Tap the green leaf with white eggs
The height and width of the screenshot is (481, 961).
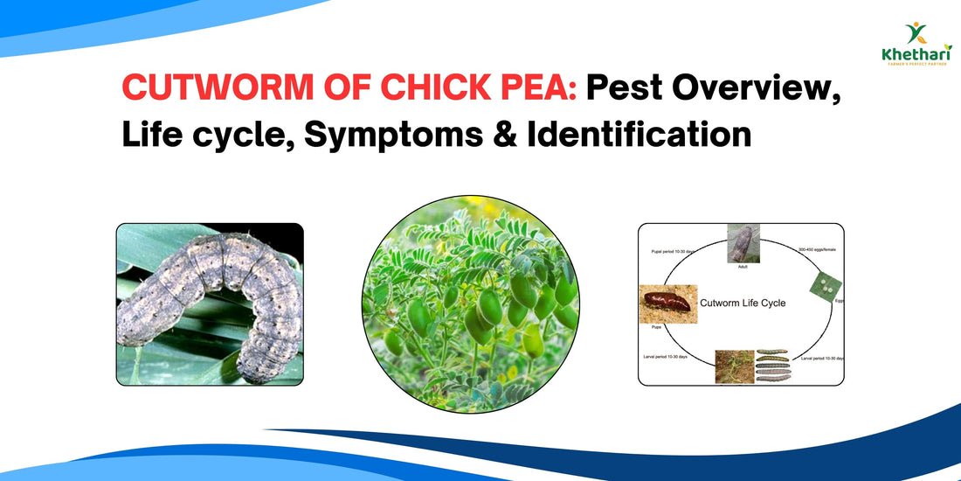click(x=826, y=283)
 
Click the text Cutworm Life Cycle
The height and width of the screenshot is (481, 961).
click(x=743, y=303)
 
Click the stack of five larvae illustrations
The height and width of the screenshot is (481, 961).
click(x=771, y=366)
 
